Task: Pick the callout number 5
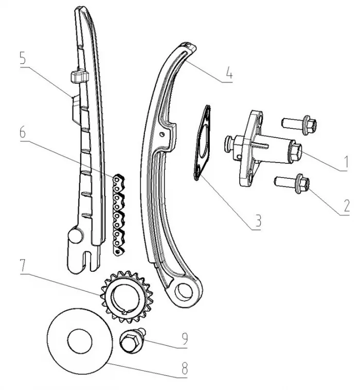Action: [x=24, y=58]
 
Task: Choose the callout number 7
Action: [x=24, y=269]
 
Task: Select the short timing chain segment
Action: [x=119, y=213]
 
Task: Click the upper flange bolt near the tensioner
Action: [x=295, y=124]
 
